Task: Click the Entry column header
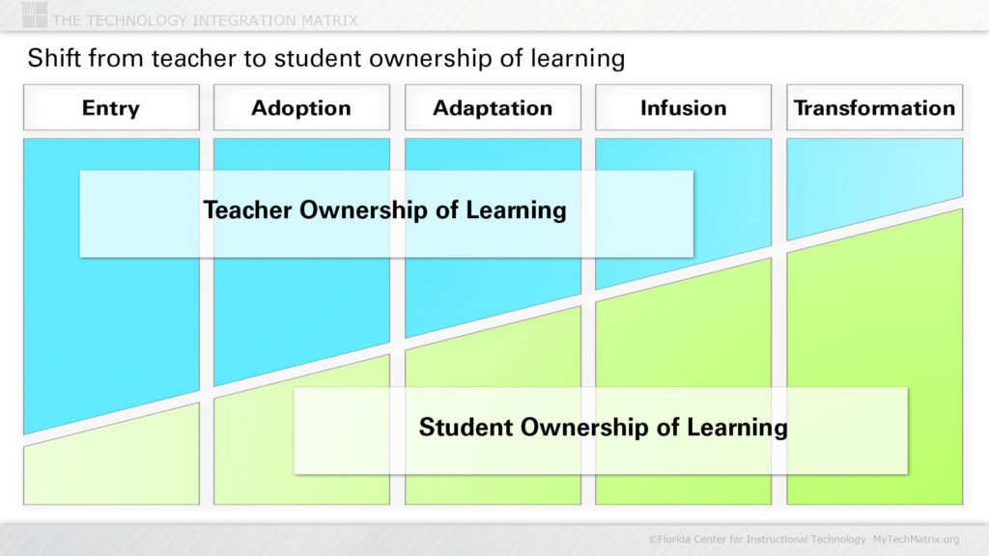[110, 108]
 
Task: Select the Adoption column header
[301, 108]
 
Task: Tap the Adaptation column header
[493, 108]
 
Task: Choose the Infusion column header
[683, 108]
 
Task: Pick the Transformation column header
[874, 108]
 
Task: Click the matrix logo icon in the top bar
[34, 14]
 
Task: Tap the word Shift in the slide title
[49, 59]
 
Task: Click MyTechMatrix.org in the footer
[916, 539]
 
